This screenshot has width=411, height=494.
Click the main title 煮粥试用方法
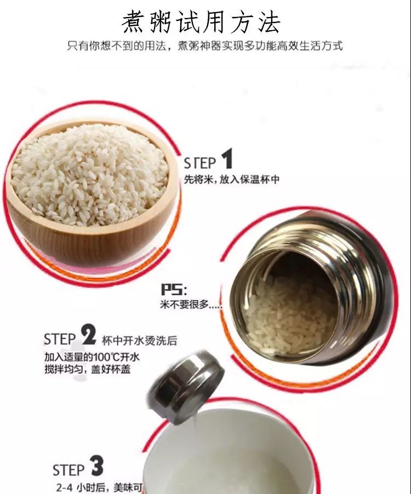[201, 22]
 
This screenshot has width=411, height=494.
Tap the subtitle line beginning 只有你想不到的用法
[205, 46]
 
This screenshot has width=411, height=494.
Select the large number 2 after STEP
[89, 335]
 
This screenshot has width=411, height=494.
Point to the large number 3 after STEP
[97, 466]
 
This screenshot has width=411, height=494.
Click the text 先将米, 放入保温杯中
[231, 179]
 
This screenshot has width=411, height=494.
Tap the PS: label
[174, 289]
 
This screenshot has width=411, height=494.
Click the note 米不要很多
[191, 304]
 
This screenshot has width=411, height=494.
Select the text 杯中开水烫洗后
[139, 340]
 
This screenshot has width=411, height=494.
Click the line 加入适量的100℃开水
[92, 357]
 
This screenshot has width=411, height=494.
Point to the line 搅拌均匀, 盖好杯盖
[88, 369]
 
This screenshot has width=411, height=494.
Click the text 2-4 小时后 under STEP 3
[81, 488]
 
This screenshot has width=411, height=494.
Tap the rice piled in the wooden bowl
[90, 174]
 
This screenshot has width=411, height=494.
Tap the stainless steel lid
[186, 387]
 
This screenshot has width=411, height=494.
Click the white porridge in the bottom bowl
[226, 457]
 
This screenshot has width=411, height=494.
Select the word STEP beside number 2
[60, 340]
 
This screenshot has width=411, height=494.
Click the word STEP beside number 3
[68, 470]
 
